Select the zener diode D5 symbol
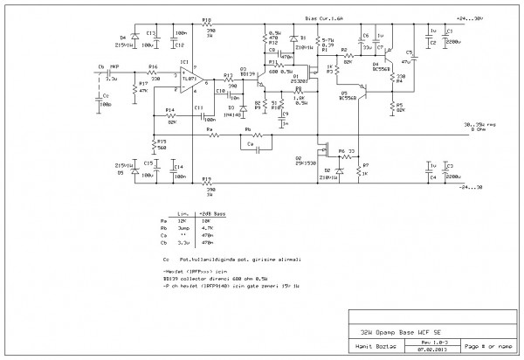point(134,171)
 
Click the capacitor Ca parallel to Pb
point(254,149)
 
